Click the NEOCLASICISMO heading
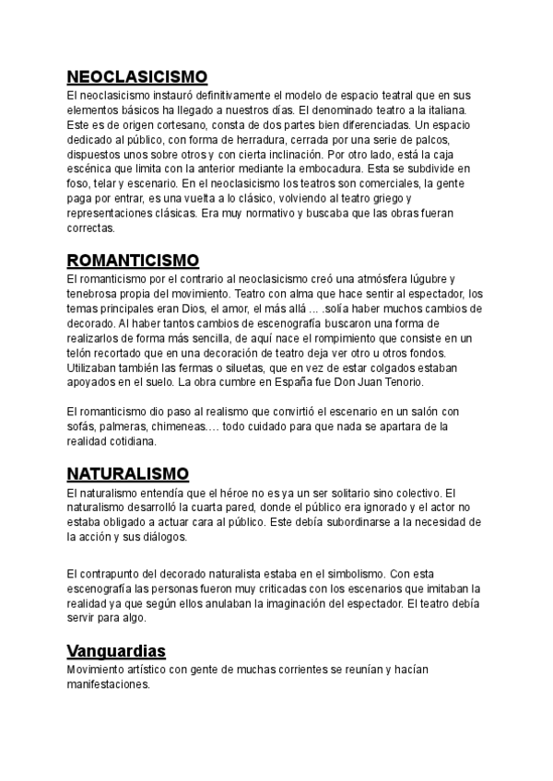[137, 76]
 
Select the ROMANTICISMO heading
[133, 260]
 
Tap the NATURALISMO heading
[128, 474]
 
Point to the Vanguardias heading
[116, 651]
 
